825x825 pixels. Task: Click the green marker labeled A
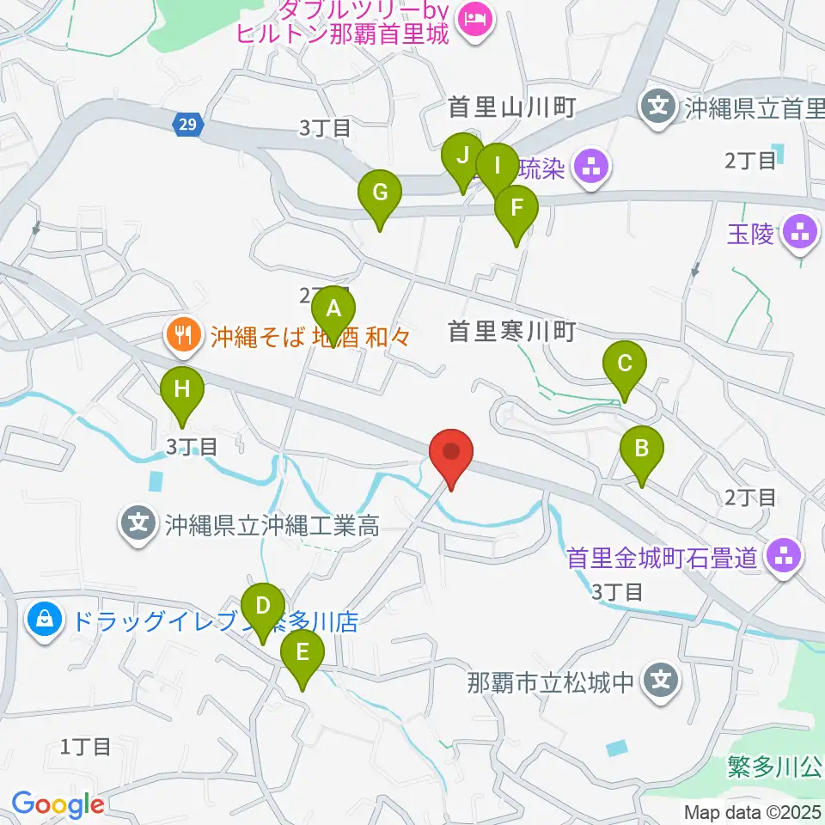tap(333, 309)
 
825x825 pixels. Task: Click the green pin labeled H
tap(182, 389)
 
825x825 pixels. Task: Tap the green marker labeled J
tap(462, 157)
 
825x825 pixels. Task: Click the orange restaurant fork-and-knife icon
tap(183, 333)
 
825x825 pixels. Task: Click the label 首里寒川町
tap(510, 331)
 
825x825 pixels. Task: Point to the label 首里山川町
tap(510, 107)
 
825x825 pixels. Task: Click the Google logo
tap(58, 804)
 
